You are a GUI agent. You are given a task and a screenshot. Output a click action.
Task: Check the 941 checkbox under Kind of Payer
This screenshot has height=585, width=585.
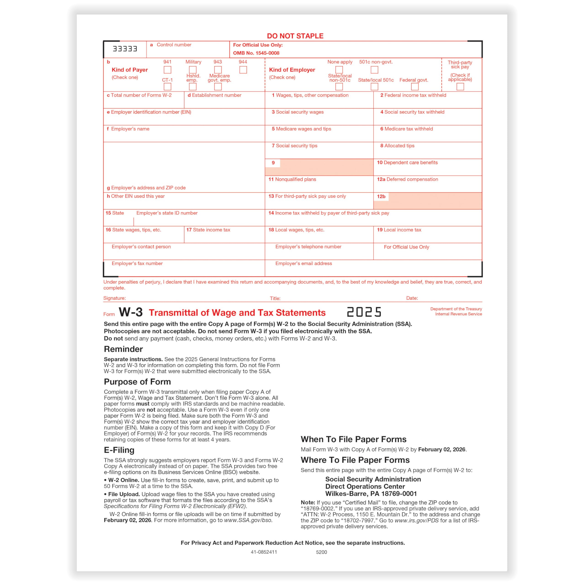[168, 70]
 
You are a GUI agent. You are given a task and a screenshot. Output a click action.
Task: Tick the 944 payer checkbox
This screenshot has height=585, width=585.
[243, 70]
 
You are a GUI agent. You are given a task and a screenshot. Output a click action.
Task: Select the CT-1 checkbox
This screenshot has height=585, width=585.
[168, 87]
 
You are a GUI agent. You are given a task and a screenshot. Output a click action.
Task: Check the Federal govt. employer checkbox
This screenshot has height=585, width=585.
[415, 87]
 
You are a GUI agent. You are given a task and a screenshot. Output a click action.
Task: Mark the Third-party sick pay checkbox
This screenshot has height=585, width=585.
[460, 87]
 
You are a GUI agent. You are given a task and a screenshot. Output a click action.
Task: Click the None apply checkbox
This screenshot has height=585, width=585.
[339, 70]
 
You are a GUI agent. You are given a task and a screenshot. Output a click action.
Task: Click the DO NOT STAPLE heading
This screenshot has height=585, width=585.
[295, 36]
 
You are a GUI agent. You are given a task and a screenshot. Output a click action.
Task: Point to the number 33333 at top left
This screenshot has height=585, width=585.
[125, 49]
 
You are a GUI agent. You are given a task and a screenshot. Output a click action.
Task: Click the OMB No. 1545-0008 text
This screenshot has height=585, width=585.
[256, 53]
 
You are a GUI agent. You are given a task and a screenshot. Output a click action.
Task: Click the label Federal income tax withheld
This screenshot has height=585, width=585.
[415, 95]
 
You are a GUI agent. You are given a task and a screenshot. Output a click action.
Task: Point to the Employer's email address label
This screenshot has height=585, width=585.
[303, 263]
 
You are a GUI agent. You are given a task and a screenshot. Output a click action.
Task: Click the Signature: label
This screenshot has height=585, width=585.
[114, 298]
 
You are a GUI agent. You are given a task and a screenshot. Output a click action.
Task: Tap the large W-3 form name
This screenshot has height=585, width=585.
[130, 312]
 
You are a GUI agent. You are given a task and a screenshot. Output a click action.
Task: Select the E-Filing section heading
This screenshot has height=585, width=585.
[119, 450]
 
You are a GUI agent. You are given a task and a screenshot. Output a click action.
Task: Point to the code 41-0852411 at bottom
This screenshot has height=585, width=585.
[264, 552]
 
